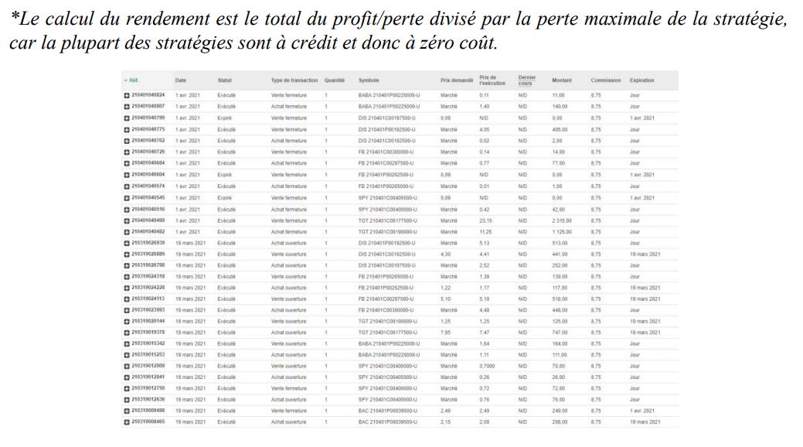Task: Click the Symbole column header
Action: (x=369, y=80)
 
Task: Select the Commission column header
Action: (x=605, y=80)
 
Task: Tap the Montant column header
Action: (x=561, y=80)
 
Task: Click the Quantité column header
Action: (x=335, y=80)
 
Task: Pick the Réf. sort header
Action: (x=132, y=80)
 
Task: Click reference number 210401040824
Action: (x=148, y=95)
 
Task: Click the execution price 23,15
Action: (x=485, y=221)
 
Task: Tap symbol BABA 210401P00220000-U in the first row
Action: (x=389, y=95)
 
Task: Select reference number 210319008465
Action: (x=148, y=422)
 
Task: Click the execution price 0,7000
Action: (x=487, y=366)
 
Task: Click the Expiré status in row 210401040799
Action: (x=225, y=118)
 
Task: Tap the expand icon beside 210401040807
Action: (x=126, y=107)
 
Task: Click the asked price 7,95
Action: (x=445, y=333)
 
